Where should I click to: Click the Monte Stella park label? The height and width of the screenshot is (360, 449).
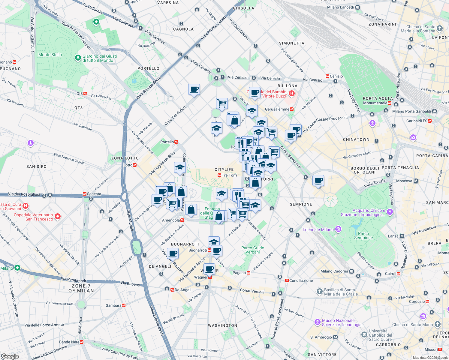50,55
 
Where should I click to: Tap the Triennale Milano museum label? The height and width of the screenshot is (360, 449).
318,229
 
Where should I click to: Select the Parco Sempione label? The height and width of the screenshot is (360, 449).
363,235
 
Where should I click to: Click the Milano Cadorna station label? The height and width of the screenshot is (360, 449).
334,271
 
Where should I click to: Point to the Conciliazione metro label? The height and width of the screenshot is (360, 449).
301,280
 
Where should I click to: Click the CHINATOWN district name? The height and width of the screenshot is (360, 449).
356,139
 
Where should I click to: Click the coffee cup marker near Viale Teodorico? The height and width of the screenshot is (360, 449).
194,89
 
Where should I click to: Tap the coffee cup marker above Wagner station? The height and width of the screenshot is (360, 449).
209,269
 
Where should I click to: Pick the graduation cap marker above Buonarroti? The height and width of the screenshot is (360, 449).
214,241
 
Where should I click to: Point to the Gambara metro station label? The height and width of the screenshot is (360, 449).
113,305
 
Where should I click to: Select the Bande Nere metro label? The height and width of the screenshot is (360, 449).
69,342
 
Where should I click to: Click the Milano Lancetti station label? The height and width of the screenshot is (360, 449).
341,7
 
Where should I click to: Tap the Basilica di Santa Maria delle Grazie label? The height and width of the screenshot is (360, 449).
341,292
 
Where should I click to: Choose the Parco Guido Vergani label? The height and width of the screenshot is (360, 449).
253,250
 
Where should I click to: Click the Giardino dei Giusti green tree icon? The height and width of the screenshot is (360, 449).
78,57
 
